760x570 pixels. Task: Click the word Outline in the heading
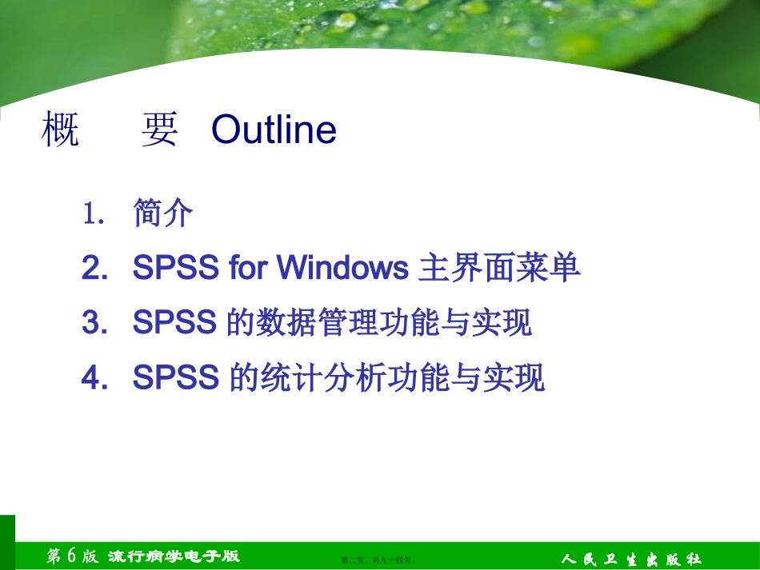[x=274, y=130]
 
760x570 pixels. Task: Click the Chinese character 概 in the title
[x=60, y=130]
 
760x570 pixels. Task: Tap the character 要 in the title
[x=159, y=130]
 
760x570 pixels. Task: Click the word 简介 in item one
[x=163, y=213]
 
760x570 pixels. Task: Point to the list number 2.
[x=93, y=269]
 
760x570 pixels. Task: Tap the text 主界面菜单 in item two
[x=500, y=269]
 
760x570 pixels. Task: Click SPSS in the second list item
[x=175, y=269]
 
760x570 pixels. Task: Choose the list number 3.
[x=93, y=323]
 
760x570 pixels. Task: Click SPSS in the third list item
[x=175, y=323]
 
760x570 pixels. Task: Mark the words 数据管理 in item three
[x=323, y=323]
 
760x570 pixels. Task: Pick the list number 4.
[x=93, y=377]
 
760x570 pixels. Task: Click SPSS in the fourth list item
[x=175, y=377]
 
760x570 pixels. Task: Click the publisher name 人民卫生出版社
[x=631, y=558]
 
